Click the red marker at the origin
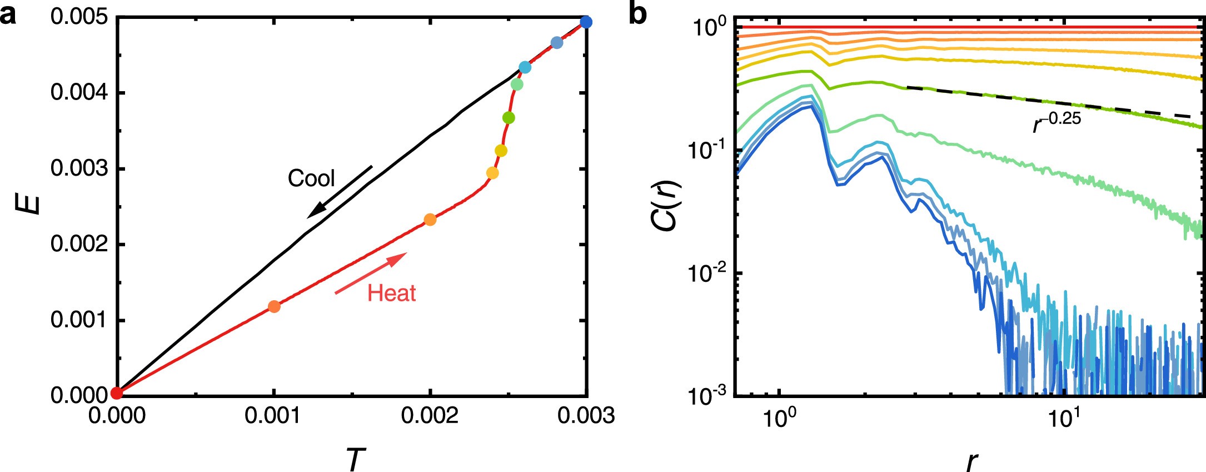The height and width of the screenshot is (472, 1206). [117, 394]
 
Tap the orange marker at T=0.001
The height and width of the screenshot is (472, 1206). [273, 306]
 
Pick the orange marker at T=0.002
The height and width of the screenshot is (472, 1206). [430, 220]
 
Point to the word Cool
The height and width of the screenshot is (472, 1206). [311, 178]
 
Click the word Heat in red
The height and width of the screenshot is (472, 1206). [391, 293]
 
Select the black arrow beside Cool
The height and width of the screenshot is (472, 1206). [340, 191]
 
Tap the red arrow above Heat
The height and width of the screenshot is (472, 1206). [371, 273]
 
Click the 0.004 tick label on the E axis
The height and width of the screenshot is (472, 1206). [79, 93]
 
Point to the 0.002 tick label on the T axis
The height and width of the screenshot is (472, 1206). [430, 416]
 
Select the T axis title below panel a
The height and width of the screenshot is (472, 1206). [356, 459]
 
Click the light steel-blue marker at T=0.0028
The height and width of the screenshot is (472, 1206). [557, 43]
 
